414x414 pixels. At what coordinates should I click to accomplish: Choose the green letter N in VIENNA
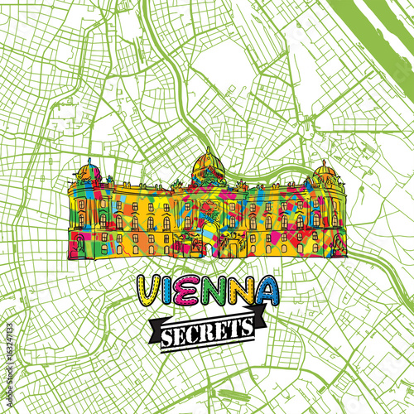(x=244, y=289)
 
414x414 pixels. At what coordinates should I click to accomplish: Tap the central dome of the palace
(x=208, y=166)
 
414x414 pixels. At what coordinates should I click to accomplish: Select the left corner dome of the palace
(x=89, y=173)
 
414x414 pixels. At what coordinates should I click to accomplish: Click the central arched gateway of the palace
(x=207, y=236)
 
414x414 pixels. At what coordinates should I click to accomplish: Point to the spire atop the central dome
(x=208, y=149)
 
